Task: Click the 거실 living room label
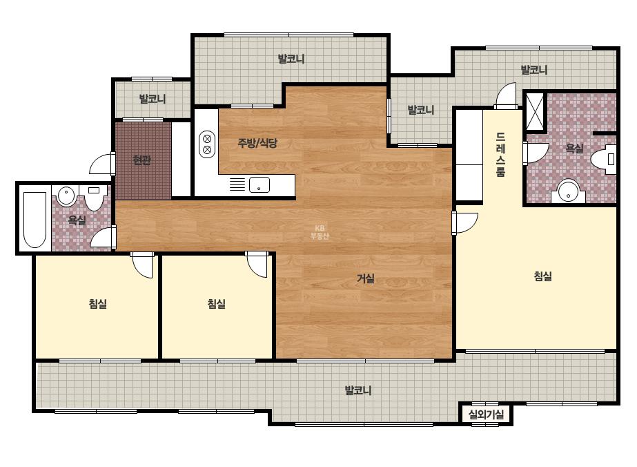(x=365, y=278)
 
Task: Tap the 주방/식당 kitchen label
(x=257, y=143)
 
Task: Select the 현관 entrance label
(x=142, y=160)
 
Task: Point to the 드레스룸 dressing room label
(x=500, y=155)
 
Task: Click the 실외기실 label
(x=486, y=414)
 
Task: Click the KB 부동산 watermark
(x=320, y=232)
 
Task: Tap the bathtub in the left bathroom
(x=35, y=219)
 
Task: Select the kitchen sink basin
(x=259, y=184)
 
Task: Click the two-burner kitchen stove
(x=207, y=144)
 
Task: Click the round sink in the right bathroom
(x=568, y=192)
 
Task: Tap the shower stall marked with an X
(x=535, y=111)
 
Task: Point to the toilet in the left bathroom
(x=94, y=198)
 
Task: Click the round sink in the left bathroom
(x=66, y=196)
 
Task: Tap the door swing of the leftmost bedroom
(x=143, y=265)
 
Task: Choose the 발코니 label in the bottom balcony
(x=358, y=390)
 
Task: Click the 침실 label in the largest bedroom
(x=542, y=276)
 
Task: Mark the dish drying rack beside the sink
(x=237, y=184)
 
